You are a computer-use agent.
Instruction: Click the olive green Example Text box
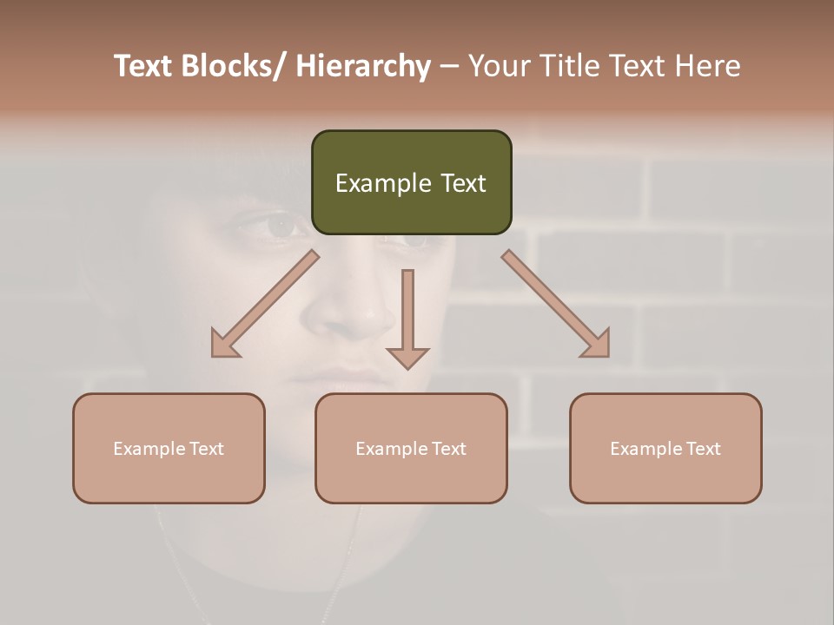tap(411, 182)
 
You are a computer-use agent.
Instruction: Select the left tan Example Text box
tap(169, 448)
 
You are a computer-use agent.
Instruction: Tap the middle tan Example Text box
tap(411, 448)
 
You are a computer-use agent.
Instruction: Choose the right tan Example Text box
tap(665, 448)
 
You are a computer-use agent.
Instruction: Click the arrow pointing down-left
tap(265, 304)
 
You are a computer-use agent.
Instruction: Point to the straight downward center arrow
tap(407, 317)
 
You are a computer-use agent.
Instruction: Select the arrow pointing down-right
tap(556, 304)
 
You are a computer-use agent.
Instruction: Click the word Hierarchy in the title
tap(363, 66)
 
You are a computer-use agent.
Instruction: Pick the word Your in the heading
tap(499, 66)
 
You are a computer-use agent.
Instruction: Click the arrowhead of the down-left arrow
tap(223, 345)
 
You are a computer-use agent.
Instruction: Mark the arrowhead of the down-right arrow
tap(598, 345)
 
